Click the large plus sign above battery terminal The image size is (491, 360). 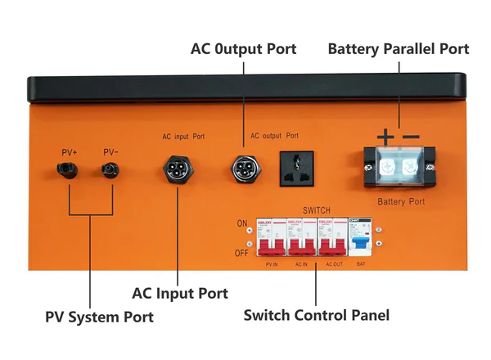coord(385,136)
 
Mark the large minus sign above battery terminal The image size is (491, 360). coord(411,136)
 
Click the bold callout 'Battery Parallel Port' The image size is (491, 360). coord(399,49)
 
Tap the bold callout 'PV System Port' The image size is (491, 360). coord(98,316)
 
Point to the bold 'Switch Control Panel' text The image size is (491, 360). coord(317,314)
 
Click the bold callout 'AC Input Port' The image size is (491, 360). coord(180,292)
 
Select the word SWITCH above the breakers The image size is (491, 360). coord(318,209)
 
